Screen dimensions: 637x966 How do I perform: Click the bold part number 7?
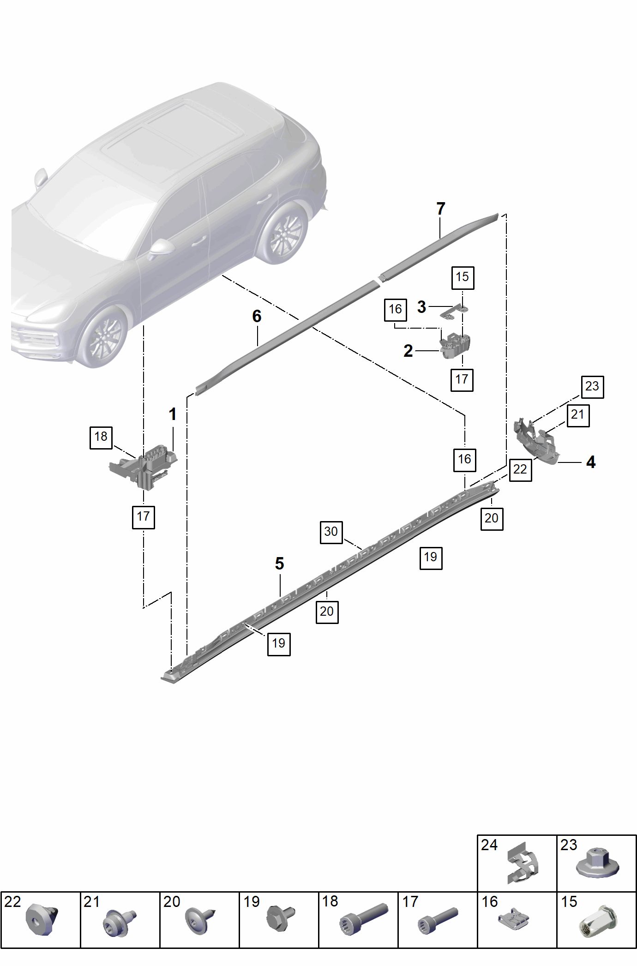[x=441, y=209]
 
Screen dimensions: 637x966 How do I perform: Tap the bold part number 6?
[x=257, y=316]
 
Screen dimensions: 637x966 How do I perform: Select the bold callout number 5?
[x=279, y=563]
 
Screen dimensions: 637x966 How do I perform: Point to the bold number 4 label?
[x=591, y=462]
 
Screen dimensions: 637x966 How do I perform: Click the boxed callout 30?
[x=331, y=532]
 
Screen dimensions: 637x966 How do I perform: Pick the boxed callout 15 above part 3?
[x=463, y=277]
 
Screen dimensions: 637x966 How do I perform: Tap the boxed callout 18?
[x=101, y=437]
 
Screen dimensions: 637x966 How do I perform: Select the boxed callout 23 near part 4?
[x=592, y=387]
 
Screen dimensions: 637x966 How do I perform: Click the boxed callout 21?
[x=578, y=415]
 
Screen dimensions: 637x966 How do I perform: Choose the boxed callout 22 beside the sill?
[x=520, y=470]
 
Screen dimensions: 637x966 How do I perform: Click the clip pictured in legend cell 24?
[x=523, y=862]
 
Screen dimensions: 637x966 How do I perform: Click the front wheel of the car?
[x=103, y=336]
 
